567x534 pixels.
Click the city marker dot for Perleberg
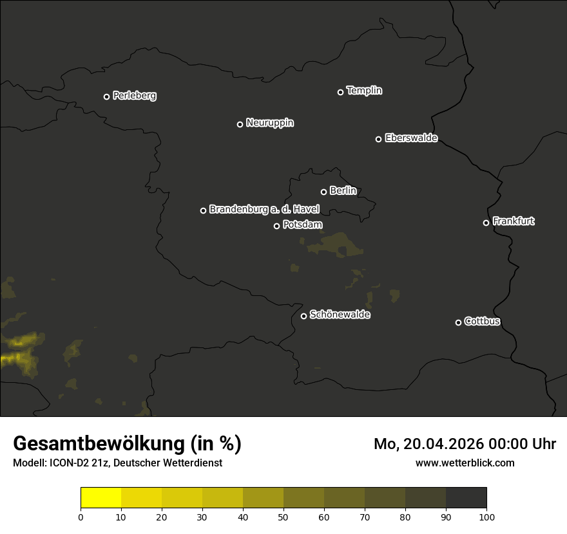(106, 97)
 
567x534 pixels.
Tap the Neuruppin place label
(270, 123)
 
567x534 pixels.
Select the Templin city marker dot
(340, 92)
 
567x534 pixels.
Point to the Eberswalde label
(411, 138)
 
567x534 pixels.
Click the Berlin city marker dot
(323, 192)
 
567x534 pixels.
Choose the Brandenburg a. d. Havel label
(264, 209)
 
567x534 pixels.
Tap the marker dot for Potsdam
(276, 226)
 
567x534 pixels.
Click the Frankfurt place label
(514, 221)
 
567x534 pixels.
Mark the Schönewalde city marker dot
(303, 316)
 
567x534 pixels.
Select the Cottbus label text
(483, 321)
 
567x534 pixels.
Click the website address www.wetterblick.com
(465, 463)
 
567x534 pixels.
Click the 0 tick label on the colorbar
(81, 517)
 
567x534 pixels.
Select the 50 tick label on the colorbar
(283, 517)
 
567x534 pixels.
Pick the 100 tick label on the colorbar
(486, 517)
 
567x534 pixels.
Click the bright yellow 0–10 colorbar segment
(101, 498)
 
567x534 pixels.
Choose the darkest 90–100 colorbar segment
(466, 498)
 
